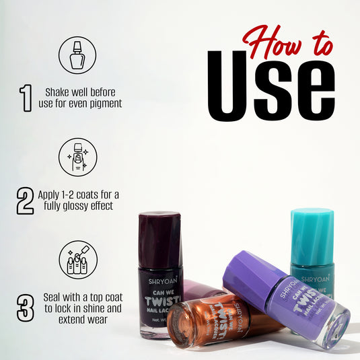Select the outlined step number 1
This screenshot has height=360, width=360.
pyautogui.click(x=26, y=98)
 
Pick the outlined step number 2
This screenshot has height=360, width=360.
pyautogui.click(x=25, y=201)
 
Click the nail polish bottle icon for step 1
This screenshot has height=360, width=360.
pyautogui.click(x=77, y=55)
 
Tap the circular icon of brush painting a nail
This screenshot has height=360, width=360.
pyautogui.click(x=77, y=157)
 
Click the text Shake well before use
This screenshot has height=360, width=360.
pyautogui.click(x=83, y=98)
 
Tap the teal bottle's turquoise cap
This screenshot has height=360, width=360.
pyautogui.click(x=312, y=234)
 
